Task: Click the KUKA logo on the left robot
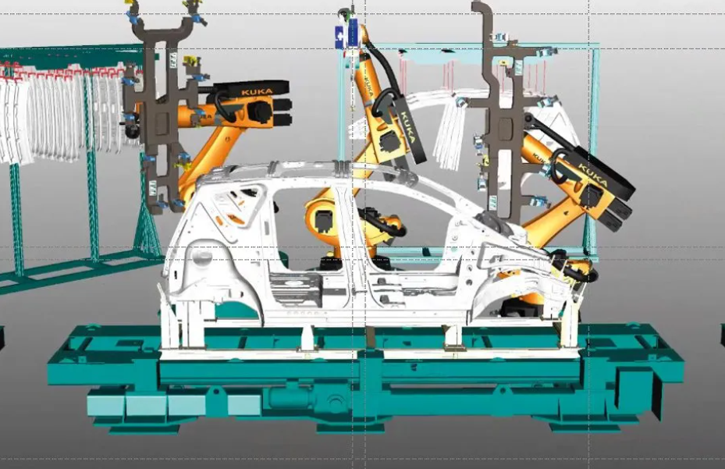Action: [x=257, y=92]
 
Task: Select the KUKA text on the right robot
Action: [x=593, y=176]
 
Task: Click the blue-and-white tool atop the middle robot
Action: [x=347, y=31]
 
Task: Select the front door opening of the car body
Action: [x=407, y=226]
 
